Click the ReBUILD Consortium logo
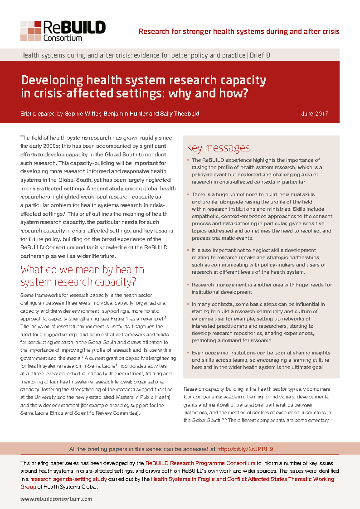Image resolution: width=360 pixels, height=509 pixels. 63,31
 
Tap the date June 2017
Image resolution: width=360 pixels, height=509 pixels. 315,114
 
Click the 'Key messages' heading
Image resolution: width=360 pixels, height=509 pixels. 218,148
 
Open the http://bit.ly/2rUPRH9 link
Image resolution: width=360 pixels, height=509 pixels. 245,449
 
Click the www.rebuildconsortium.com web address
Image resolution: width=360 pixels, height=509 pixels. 56,499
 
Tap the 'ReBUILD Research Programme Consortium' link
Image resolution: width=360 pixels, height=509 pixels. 200,463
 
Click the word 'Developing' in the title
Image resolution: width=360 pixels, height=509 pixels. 52,81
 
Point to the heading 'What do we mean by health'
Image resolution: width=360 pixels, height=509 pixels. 83,270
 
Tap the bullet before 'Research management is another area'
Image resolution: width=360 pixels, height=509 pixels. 188,285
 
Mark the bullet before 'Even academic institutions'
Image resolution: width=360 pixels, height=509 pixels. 188,353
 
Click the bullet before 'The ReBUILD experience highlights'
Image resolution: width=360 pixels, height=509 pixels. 188,160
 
